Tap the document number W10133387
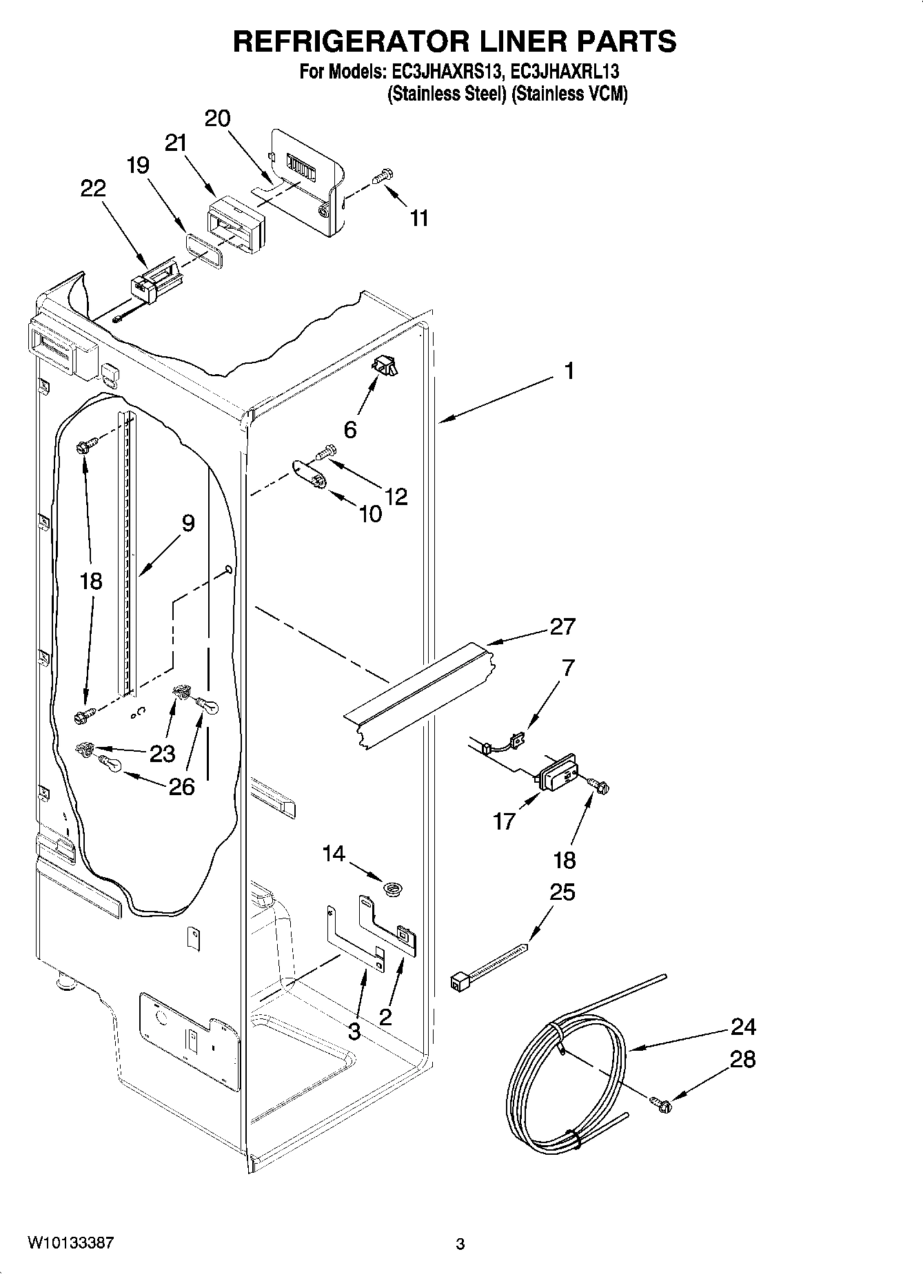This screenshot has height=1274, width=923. pyautogui.click(x=70, y=1243)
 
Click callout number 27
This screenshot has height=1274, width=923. pyautogui.click(x=562, y=627)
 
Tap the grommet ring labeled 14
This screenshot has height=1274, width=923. pyautogui.click(x=394, y=890)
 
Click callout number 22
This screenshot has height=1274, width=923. pyautogui.click(x=93, y=188)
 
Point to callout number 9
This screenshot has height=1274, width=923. pyautogui.click(x=187, y=523)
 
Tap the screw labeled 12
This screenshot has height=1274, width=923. pyautogui.click(x=326, y=452)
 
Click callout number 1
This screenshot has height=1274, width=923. pyautogui.click(x=569, y=372)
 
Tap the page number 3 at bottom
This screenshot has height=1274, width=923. pyautogui.click(x=460, y=1244)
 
